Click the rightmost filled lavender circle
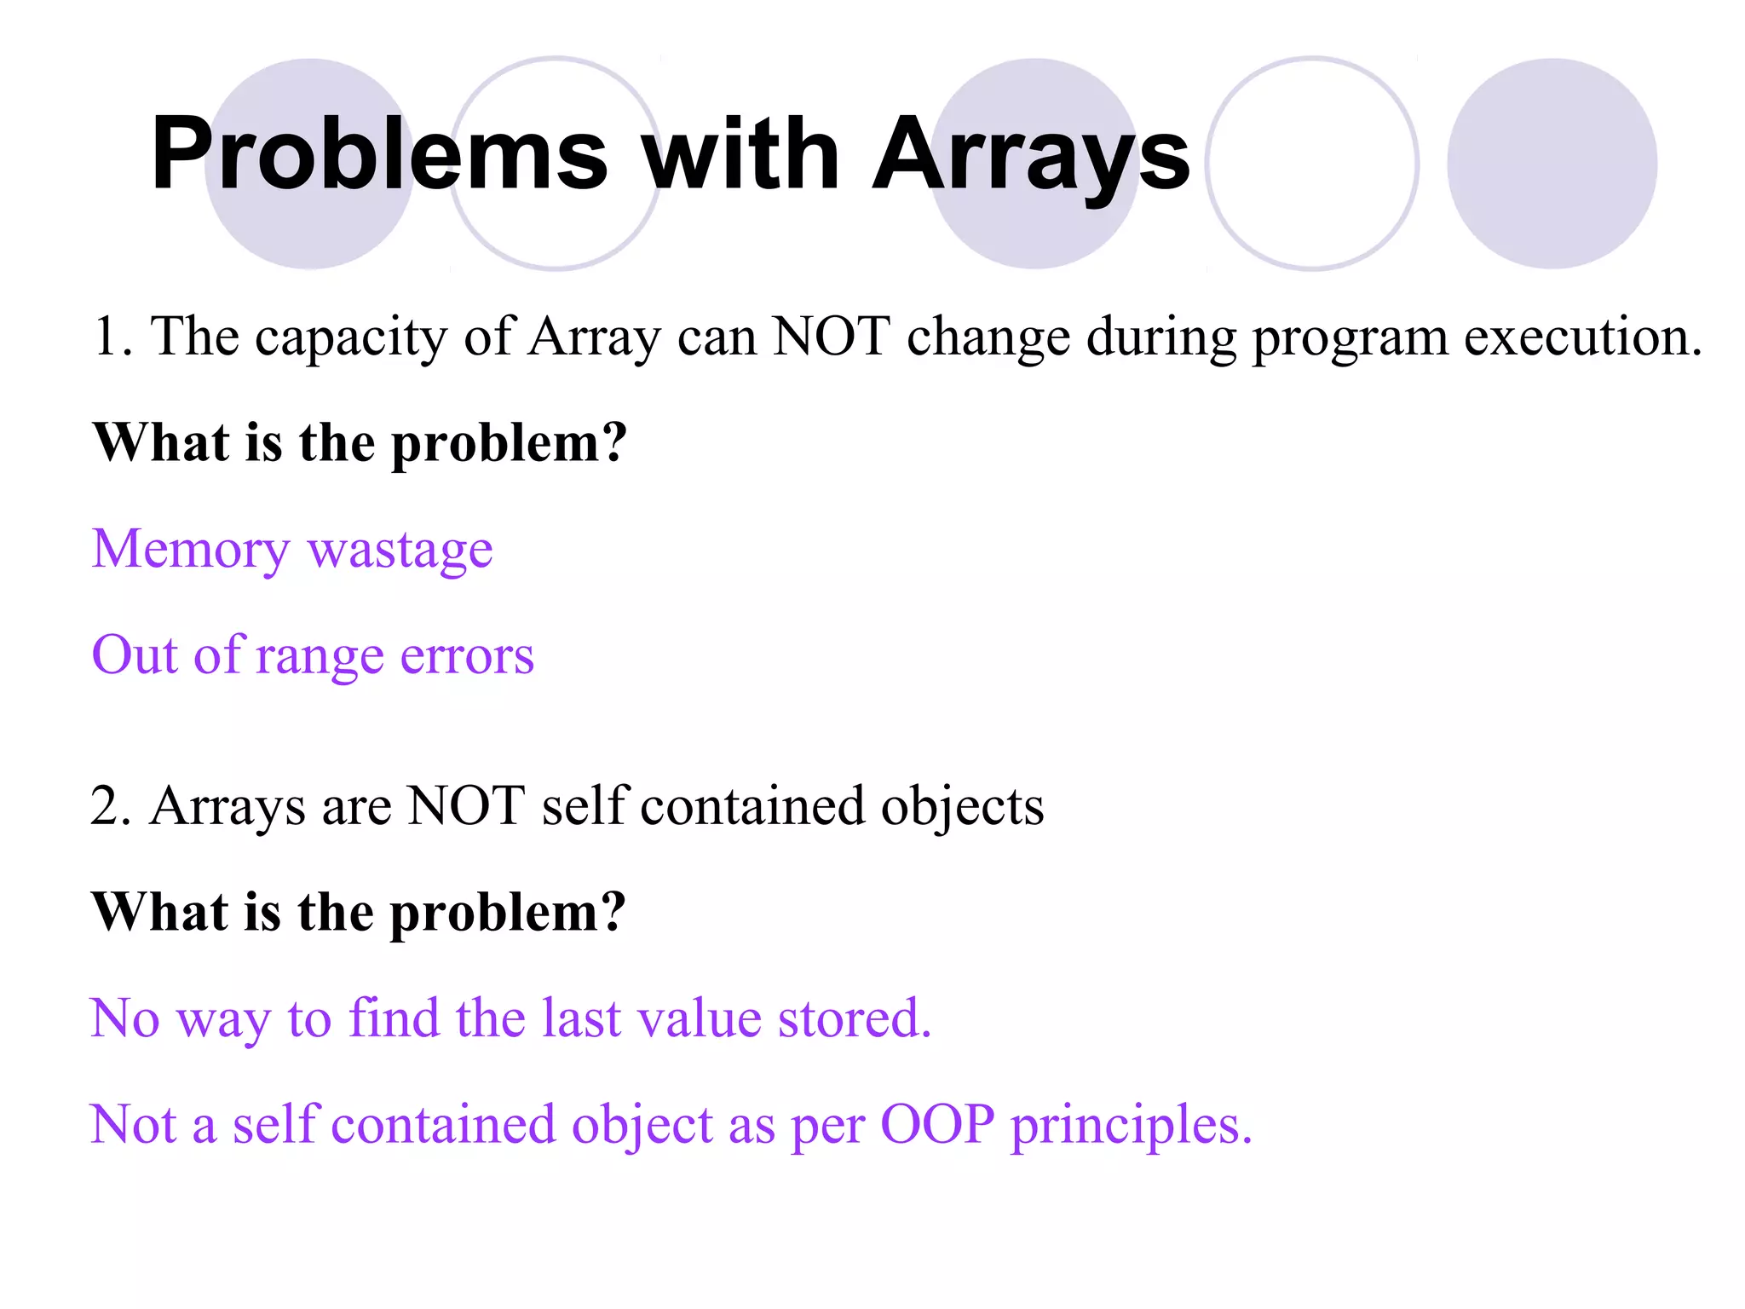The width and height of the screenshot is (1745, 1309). click(x=1552, y=164)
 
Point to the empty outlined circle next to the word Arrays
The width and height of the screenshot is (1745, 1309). click(x=1312, y=164)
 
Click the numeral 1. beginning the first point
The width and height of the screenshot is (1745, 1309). click(x=112, y=336)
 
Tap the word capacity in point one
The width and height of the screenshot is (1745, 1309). click(x=351, y=337)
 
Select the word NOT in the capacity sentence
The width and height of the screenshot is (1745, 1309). click(x=832, y=336)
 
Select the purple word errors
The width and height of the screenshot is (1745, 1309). click(x=467, y=656)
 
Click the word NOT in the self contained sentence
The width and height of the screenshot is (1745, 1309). click(x=466, y=805)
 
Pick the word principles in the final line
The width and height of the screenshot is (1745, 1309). click(x=1131, y=1126)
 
